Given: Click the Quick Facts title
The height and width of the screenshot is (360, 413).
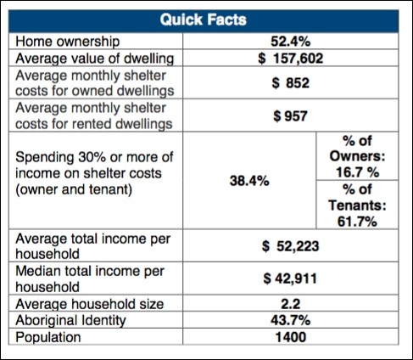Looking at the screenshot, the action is [x=204, y=20].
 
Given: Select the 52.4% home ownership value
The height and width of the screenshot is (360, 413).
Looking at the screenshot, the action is [x=291, y=42].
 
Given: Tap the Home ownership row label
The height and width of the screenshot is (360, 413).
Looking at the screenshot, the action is [x=68, y=42].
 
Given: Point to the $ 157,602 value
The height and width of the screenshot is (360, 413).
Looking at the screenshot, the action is [x=291, y=59].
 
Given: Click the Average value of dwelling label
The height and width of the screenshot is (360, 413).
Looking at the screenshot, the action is [x=95, y=59].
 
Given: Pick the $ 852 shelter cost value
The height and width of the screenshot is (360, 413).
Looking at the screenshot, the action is [x=291, y=83].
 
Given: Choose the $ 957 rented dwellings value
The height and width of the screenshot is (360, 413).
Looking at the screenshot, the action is [x=291, y=116].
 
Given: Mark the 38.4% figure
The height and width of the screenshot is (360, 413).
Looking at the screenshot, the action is [x=249, y=181].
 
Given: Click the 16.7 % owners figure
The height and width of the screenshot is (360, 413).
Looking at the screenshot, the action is [x=358, y=172].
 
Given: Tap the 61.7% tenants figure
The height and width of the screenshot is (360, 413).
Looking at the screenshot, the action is [x=357, y=222].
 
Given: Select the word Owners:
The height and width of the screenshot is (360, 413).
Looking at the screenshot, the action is [x=358, y=156].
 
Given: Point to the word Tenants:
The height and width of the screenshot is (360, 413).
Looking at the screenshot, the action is [x=357, y=205].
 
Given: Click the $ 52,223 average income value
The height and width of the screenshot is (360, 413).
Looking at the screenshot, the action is [x=291, y=246].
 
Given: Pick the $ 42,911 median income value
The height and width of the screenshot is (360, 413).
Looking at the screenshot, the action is [x=290, y=278].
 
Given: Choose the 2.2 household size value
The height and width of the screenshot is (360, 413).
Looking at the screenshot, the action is [x=291, y=304].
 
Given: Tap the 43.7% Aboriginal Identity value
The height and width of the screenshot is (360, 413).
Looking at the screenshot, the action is [x=291, y=320].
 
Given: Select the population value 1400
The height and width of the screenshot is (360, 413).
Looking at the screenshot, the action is [x=291, y=337].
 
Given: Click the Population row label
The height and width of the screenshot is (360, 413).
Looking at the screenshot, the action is [x=48, y=337].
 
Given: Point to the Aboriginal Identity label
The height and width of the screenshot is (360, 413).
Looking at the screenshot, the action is [x=70, y=321].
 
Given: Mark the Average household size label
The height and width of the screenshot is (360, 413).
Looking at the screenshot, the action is [x=90, y=305].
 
